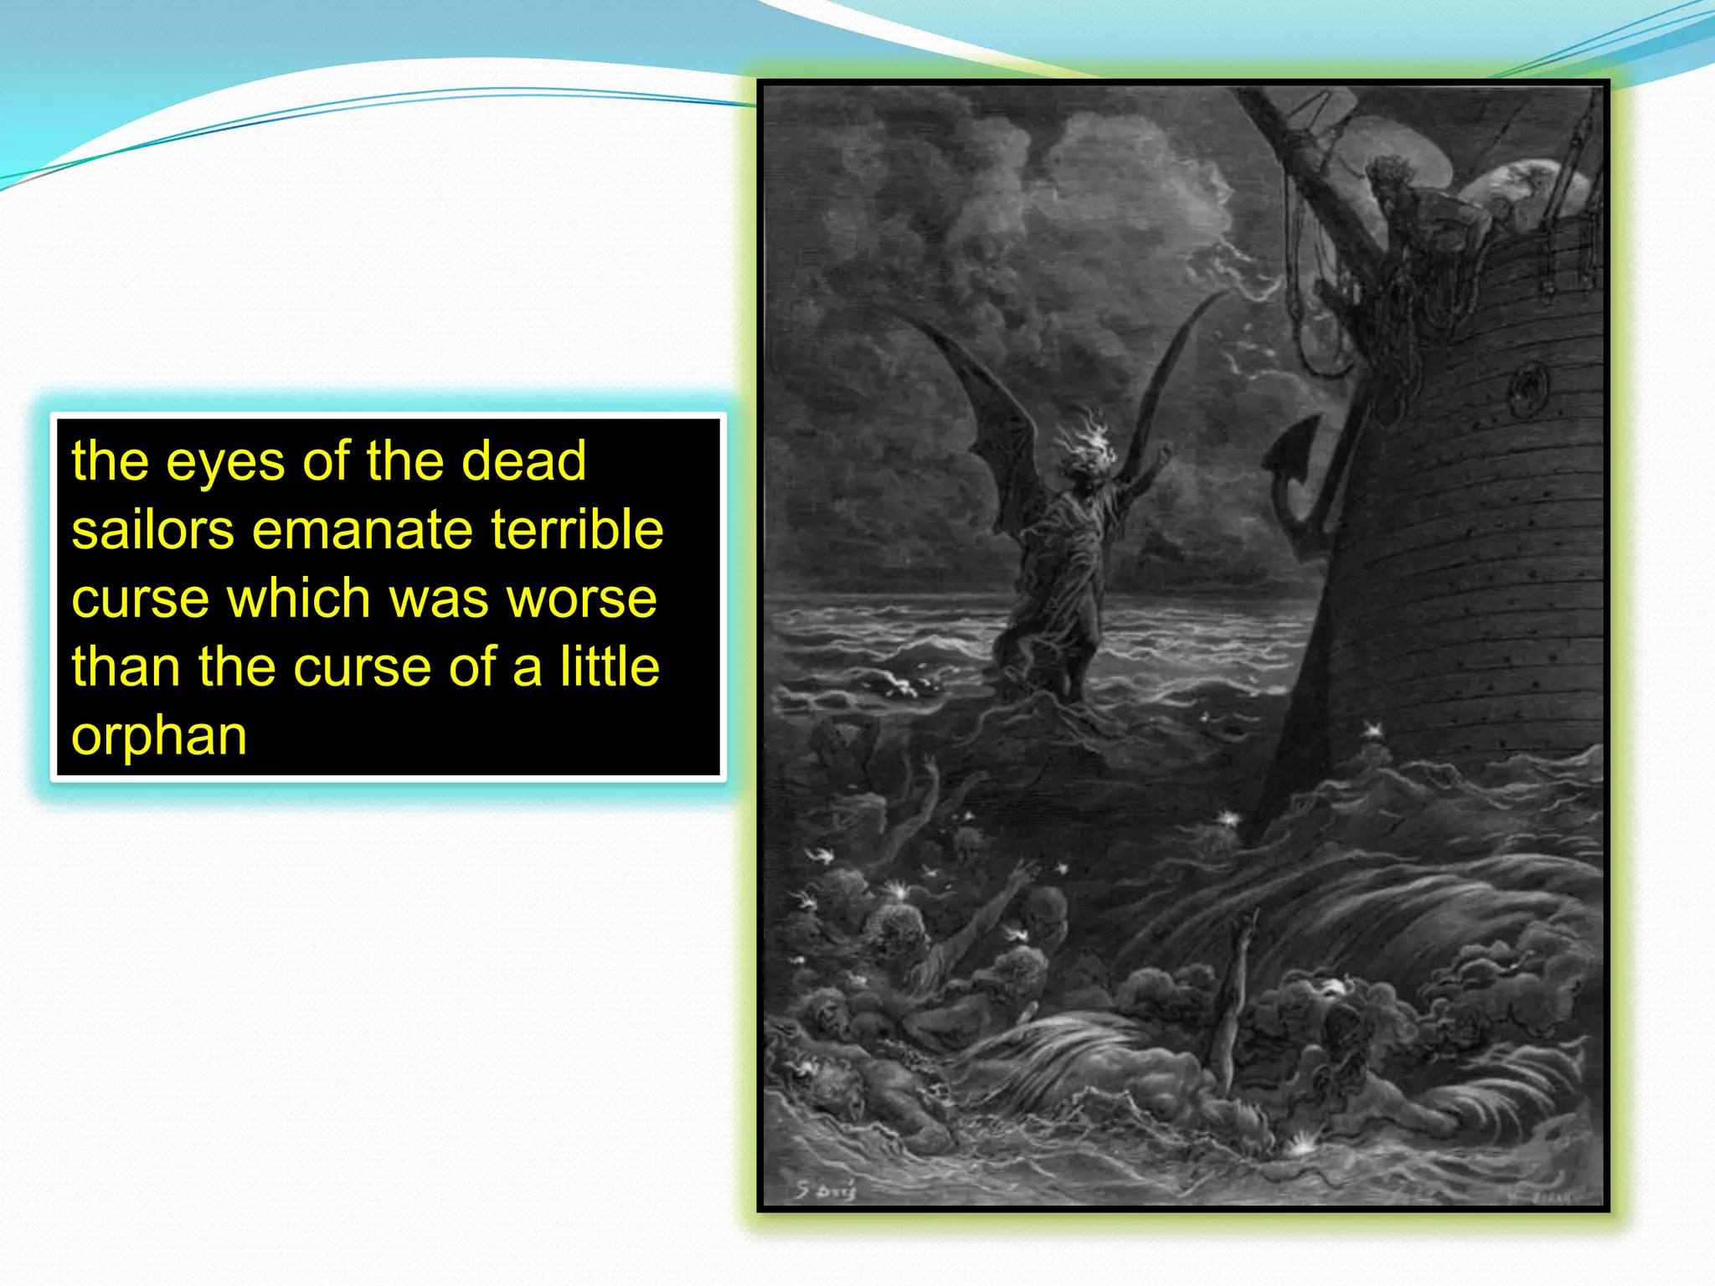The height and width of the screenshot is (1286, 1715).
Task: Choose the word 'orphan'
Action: click(159, 737)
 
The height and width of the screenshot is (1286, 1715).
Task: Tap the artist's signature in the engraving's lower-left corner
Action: click(825, 1189)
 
